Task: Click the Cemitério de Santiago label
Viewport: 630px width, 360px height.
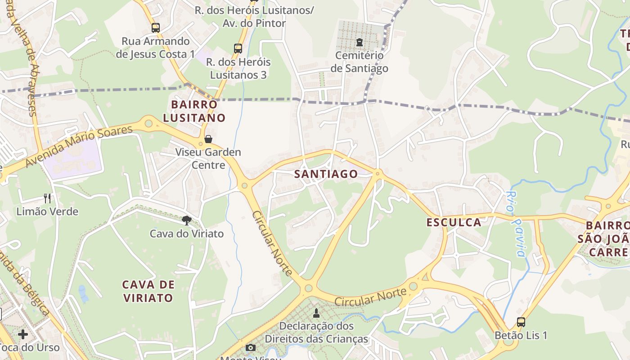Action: click(359, 62)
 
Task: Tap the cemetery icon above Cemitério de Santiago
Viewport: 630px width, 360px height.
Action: click(359, 43)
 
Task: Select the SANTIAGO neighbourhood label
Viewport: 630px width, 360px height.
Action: click(326, 174)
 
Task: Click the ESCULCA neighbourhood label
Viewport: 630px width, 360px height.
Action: click(454, 222)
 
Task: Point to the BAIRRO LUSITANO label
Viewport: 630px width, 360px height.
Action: click(194, 111)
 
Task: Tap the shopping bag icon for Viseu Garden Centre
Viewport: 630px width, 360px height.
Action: click(208, 139)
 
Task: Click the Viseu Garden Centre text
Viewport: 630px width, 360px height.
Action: click(208, 158)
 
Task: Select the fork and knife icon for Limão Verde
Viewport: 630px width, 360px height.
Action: click(47, 198)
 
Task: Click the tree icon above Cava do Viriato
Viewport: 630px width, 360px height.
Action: click(186, 220)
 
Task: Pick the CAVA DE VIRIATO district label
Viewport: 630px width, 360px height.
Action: click(148, 291)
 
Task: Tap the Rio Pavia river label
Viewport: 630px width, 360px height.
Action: click(515, 224)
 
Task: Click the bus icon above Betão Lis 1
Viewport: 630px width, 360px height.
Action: click(521, 322)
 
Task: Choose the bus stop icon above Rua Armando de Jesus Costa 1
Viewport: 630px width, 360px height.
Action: click(155, 28)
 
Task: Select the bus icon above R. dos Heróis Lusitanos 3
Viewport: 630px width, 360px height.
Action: click(238, 49)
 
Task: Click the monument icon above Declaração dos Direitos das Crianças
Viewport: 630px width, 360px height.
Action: click(316, 313)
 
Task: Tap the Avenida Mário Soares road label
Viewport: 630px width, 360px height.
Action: click(79, 146)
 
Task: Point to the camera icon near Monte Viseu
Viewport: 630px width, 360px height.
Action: click(250, 347)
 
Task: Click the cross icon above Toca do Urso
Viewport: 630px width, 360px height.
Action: click(23, 334)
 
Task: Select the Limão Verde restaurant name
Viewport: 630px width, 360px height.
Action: click(47, 211)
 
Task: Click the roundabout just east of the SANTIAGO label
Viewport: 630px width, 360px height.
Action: click(378, 173)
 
